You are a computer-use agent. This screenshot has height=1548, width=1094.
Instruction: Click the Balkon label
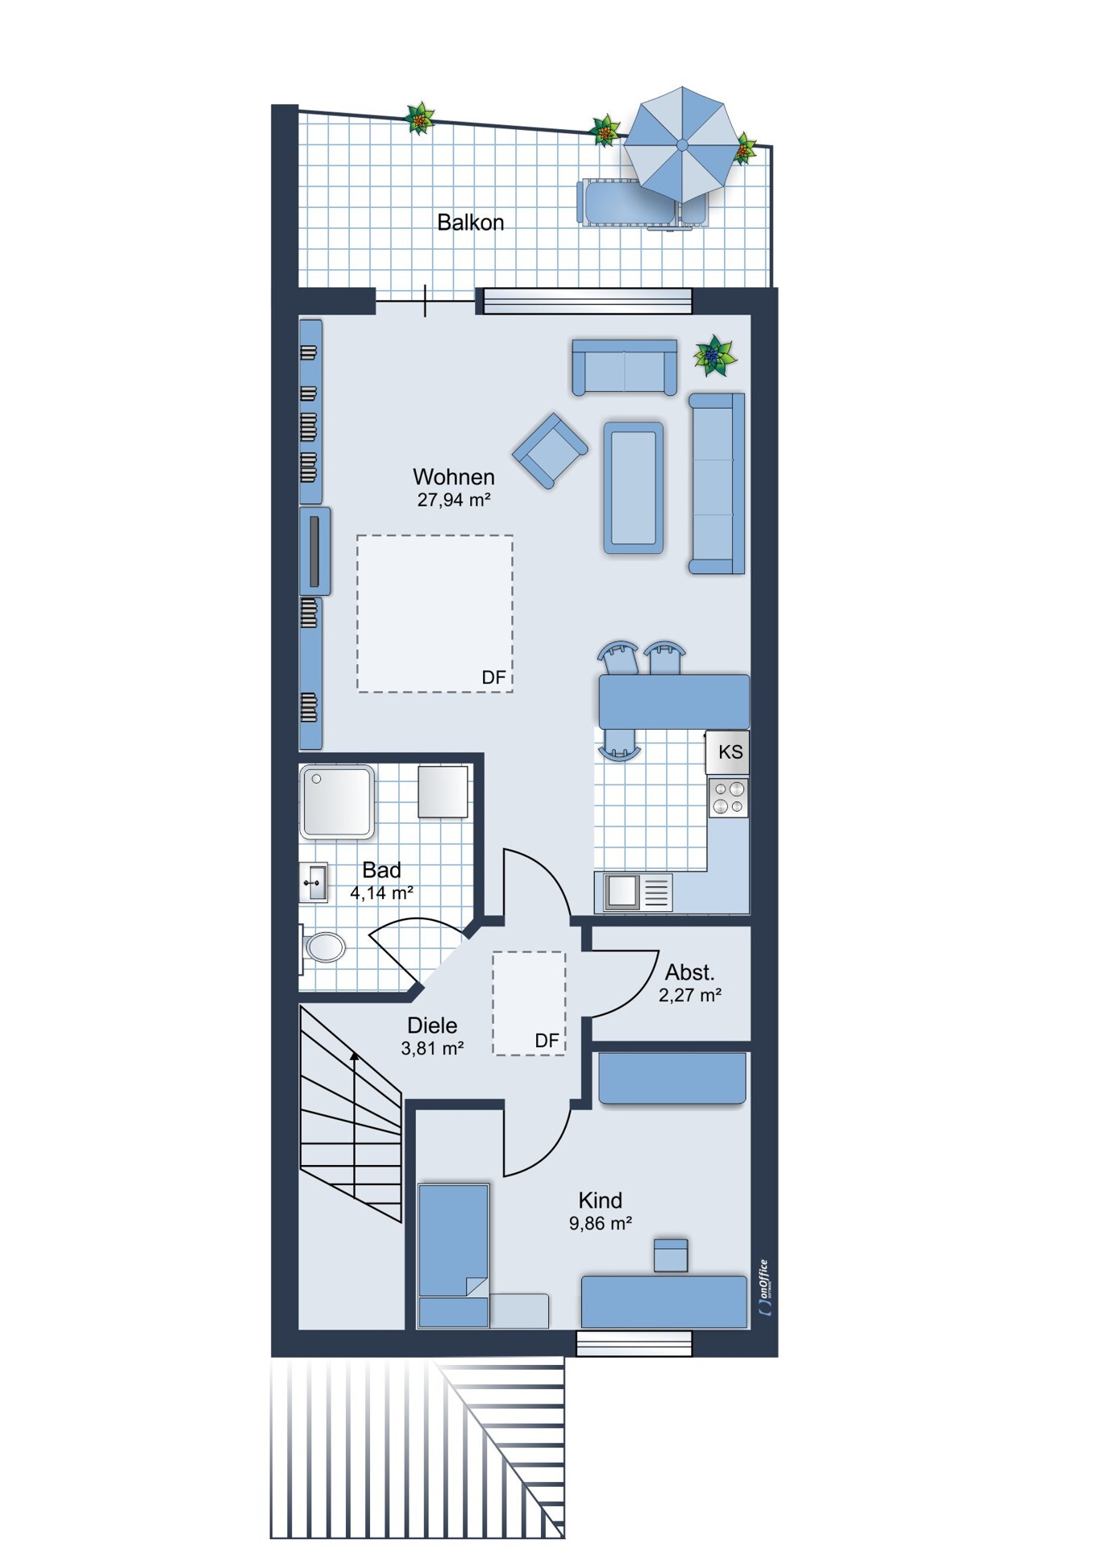470,222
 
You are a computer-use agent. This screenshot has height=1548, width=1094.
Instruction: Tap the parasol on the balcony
682,145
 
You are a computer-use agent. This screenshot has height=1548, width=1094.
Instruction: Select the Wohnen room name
453,476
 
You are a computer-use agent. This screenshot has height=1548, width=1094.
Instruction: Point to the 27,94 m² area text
453,500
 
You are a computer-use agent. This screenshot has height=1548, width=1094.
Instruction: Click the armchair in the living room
551,451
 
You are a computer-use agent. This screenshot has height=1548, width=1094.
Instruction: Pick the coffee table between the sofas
633,487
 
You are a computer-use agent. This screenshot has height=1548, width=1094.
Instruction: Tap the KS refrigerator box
728,752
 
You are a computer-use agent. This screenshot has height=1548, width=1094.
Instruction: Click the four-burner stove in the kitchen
729,797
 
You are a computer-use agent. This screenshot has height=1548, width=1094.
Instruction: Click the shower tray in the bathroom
337,802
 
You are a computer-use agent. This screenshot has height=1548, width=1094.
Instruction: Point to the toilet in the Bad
322,947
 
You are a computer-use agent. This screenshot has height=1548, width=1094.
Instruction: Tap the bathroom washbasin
314,883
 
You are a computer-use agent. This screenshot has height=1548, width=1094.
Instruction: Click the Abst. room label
689,972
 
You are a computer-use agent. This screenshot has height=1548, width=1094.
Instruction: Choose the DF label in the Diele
547,1041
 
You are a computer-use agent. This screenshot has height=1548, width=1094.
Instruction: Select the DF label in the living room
493,677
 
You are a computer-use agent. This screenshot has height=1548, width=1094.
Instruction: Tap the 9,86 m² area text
600,1223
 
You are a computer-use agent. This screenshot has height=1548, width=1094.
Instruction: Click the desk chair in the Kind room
670,1255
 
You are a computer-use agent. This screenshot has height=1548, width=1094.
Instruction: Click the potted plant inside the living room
714,356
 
